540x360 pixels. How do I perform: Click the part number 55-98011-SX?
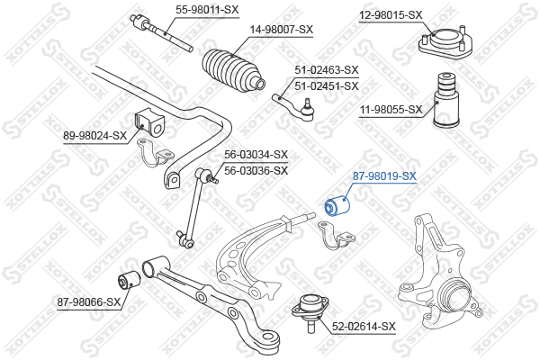coord(207,10)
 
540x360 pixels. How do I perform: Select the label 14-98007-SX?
coord(282,30)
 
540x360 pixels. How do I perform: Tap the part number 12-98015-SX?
coord(391,15)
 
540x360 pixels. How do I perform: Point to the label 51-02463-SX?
coord(327,70)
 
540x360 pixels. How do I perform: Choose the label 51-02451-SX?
coord(327,85)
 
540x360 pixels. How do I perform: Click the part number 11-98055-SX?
coord(391,110)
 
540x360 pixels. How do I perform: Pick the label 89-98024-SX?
coord(95,136)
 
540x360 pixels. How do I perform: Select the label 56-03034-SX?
coord(256,155)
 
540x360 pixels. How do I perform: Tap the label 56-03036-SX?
coord(256,170)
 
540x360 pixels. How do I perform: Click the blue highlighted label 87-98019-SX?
coord(384,176)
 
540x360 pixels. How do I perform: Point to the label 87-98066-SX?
coord(89,302)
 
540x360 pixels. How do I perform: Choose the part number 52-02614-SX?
coord(364,326)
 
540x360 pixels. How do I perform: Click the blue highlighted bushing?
coord(337,206)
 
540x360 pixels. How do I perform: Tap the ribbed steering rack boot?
coord(232,72)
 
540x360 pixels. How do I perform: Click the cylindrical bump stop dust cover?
coord(446,100)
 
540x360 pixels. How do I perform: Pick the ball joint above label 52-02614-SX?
coord(310,310)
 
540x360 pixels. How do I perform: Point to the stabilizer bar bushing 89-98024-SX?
coord(149,122)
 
